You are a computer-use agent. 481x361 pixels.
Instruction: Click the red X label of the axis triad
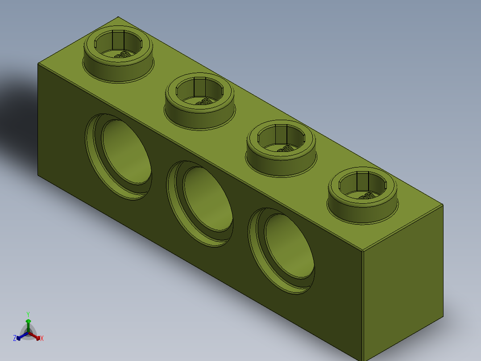pyautogui.click(x=42, y=339)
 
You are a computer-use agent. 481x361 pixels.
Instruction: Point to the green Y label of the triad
pyautogui.click(x=28, y=314)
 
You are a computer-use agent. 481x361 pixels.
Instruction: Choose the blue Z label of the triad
pyautogui.click(x=15, y=338)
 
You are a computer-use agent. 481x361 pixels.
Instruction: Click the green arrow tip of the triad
pyautogui.click(x=28, y=321)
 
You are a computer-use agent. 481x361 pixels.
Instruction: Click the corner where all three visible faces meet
pyautogui.click(x=362, y=250)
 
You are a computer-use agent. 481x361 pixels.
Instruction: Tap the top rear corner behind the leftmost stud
pyautogui.click(x=118, y=17)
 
